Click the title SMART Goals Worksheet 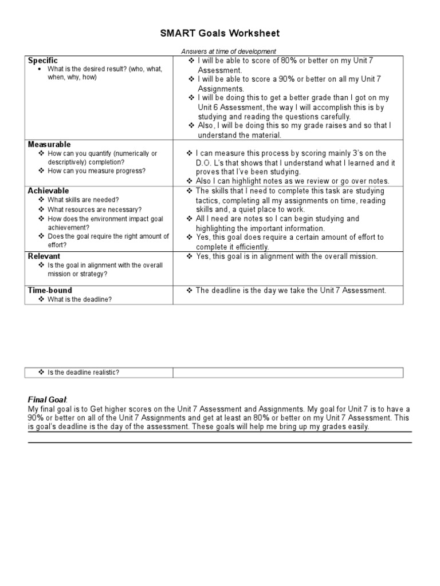220,34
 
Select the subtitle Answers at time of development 229,52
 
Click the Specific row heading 43,61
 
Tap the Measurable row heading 49,144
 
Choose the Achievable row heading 48,191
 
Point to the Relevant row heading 44,256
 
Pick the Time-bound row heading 49,291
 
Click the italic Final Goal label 48,399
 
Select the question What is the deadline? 79,299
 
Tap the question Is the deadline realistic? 83,373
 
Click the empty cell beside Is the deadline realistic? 288,373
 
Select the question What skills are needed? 83,200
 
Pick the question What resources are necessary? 95,209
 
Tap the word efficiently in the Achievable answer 250,247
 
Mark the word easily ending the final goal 357,427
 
